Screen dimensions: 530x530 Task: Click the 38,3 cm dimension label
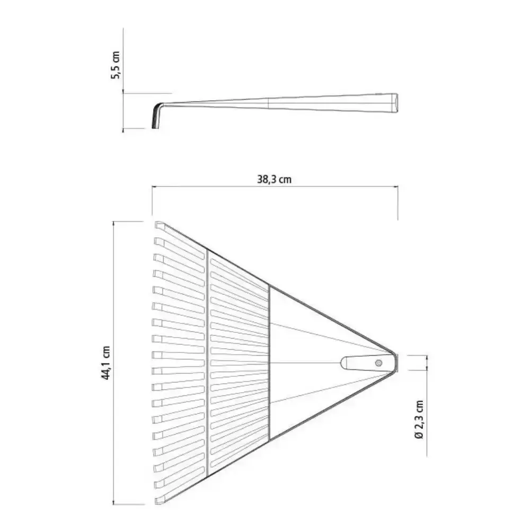[x=274, y=179]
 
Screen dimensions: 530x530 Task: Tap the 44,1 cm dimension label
[x=106, y=363]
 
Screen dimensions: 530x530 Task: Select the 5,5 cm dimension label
[x=115, y=65]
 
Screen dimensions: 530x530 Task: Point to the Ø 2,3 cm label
[x=419, y=419]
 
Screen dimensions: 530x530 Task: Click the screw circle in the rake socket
[x=378, y=363]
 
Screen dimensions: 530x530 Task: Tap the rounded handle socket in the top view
[x=367, y=363]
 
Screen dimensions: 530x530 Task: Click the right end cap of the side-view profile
[x=395, y=103]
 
